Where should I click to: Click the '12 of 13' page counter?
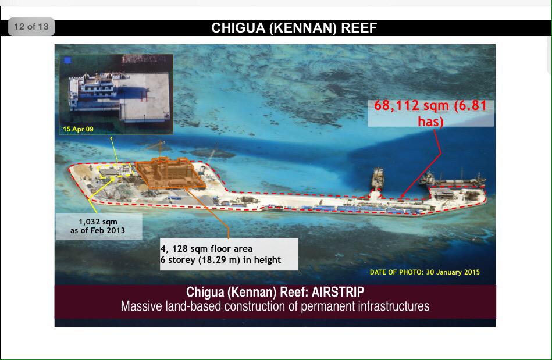(x=31, y=27)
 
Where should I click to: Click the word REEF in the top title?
(x=358, y=28)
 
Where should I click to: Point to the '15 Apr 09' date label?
(x=78, y=129)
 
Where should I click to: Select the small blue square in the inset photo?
(x=68, y=60)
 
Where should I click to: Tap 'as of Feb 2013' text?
(x=98, y=231)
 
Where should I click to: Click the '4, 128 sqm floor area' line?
(x=206, y=249)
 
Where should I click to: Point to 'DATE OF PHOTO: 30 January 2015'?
(x=425, y=272)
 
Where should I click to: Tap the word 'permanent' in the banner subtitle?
(x=327, y=306)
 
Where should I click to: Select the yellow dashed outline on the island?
(x=116, y=170)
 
